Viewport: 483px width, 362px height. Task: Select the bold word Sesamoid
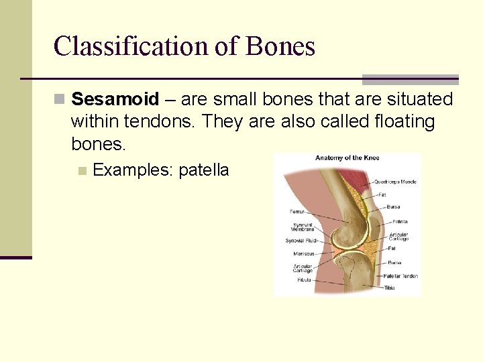(x=115, y=100)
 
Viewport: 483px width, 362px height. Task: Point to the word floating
(x=396, y=122)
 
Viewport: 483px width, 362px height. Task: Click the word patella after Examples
(x=203, y=170)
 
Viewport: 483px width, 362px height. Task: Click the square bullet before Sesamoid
(x=60, y=100)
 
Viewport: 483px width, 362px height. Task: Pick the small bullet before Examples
(x=82, y=171)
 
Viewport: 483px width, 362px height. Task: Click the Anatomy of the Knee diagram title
(x=347, y=158)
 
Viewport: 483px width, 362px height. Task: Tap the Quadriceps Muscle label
(x=395, y=182)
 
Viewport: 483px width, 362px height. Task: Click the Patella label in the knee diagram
(x=400, y=221)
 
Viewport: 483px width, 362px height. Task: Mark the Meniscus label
(x=304, y=253)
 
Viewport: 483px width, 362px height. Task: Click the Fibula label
(x=304, y=280)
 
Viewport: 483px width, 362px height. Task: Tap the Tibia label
(x=389, y=288)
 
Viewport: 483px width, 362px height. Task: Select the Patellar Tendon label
(x=400, y=276)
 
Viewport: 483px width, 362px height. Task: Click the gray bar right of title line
(x=410, y=80)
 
